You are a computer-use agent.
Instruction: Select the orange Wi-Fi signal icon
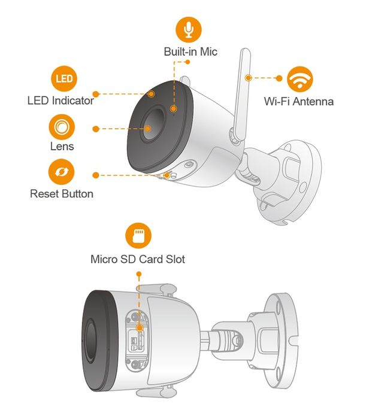299,78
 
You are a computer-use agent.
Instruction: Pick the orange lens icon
61,127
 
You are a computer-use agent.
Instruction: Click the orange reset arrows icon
61,174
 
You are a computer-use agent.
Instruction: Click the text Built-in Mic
190,51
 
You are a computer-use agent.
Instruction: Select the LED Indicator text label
61,101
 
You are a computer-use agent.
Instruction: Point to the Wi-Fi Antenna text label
299,101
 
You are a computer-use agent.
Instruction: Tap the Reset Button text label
61,194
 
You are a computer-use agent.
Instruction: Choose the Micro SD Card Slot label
138,259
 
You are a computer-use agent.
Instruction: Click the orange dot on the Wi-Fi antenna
247,77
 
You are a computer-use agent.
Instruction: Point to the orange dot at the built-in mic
173,108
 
